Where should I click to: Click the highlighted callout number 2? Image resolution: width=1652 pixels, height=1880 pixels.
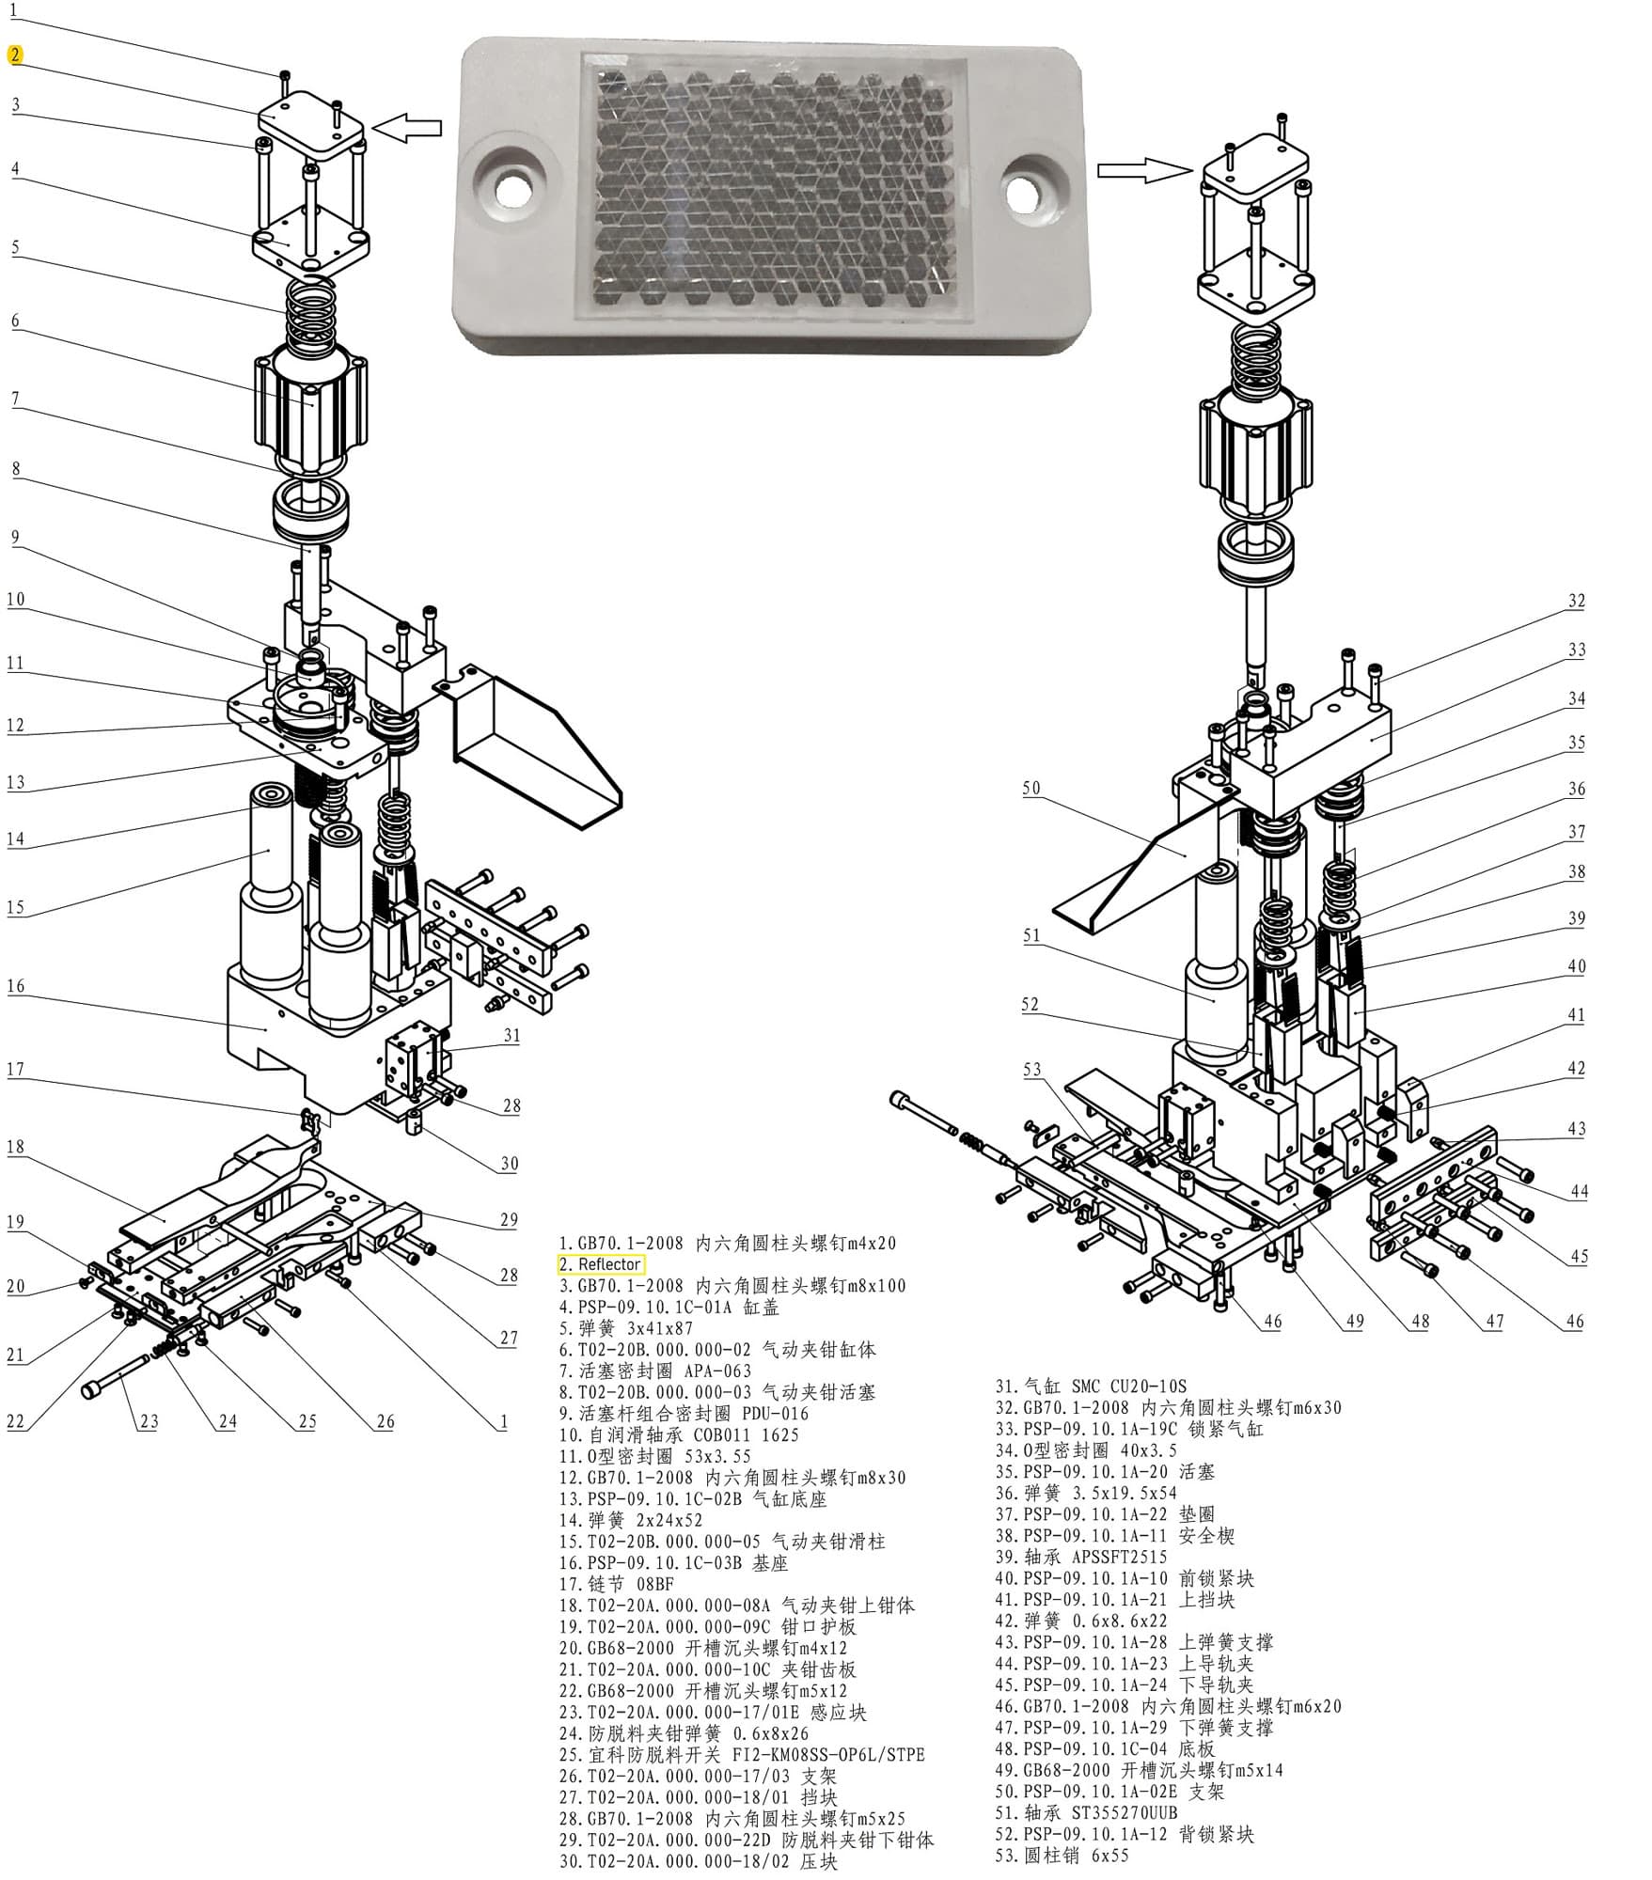pos(15,55)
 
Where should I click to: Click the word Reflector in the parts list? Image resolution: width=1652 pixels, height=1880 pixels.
pos(609,1264)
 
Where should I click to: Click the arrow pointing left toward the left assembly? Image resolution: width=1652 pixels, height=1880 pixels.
pos(406,128)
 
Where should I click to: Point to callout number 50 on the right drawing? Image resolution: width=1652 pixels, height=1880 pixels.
pos(1031,788)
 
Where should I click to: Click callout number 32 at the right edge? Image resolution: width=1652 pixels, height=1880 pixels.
pos(1577,601)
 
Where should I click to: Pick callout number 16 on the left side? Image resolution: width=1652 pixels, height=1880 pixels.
pos(15,986)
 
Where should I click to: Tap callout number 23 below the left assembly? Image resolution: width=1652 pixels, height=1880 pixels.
pos(149,1421)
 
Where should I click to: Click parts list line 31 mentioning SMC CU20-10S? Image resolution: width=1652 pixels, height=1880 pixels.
pos(1091,1386)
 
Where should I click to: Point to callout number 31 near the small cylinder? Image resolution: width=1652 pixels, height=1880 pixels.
pos(511,1035)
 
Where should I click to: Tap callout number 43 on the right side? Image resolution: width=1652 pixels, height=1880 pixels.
pos(1577,1128)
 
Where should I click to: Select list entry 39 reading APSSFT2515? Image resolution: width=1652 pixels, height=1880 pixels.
pos(1080,1558)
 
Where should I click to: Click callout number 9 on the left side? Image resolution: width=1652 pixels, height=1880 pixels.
pos(15,538)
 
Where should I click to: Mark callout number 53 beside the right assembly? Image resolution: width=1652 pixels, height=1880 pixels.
pos(1032,1069)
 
